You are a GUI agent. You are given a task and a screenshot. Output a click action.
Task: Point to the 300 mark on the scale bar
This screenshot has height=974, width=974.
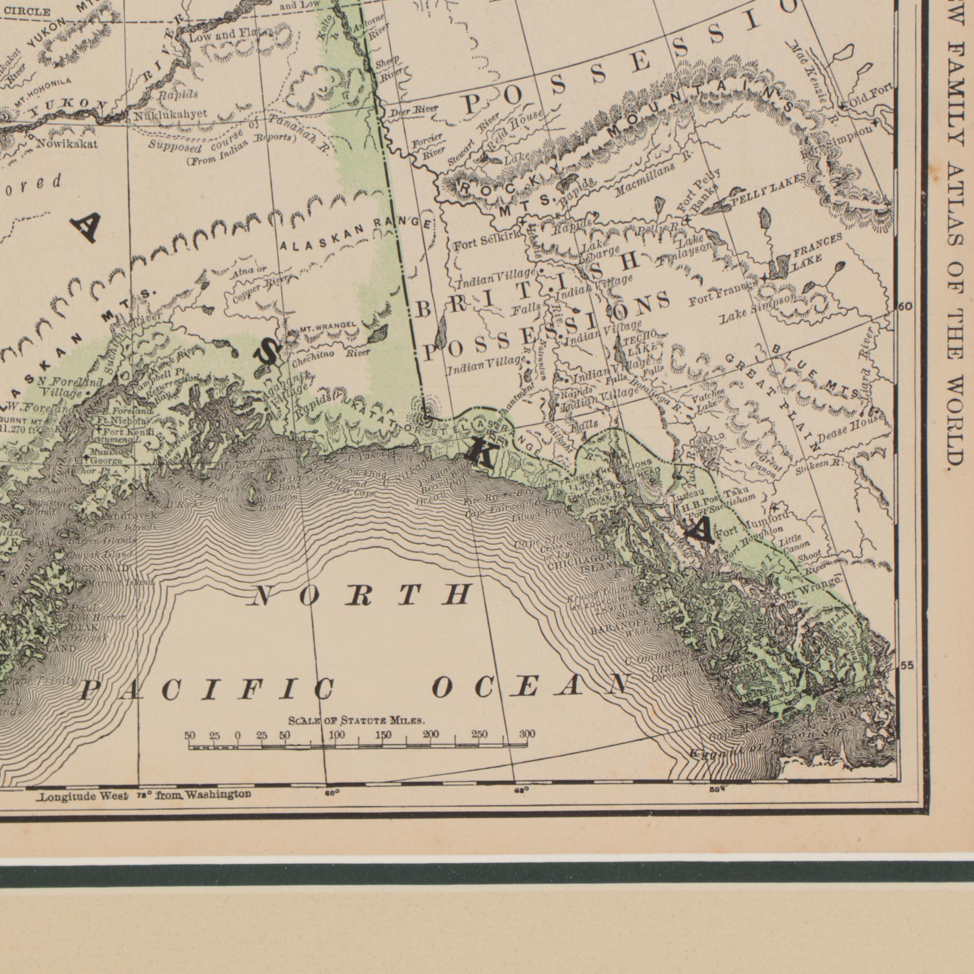pos(527,734)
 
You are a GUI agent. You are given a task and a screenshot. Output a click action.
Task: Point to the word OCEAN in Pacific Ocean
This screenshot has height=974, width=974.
pos(532,688)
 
